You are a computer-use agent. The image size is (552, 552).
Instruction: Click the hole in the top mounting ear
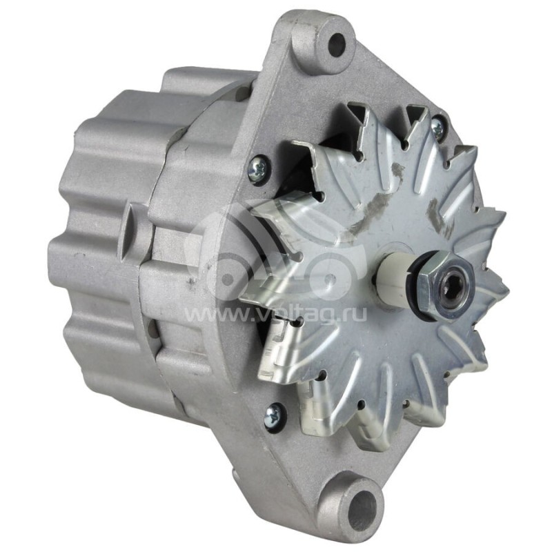pyautogui.click(x=336, y=45)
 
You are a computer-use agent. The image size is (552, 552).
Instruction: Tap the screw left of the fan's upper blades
pyautogui.click(x=258, y=170)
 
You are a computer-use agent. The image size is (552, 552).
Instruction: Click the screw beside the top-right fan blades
pyautogui.click(x=437, y=127)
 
